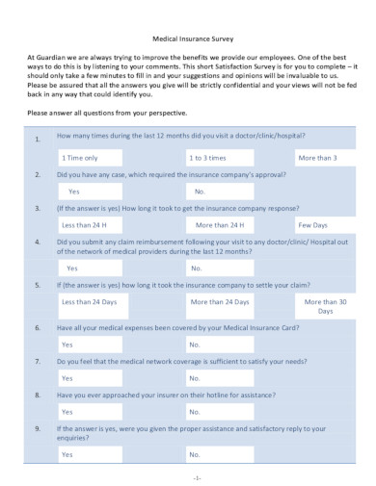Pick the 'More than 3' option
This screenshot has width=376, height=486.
point(318,156)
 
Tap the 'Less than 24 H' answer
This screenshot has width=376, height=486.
point(89,224)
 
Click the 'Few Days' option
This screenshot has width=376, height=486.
point(318,224)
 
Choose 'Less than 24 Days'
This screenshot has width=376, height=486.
point(89,301)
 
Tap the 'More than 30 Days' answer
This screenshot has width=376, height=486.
point(325,306)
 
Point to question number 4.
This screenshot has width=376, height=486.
point(37,244)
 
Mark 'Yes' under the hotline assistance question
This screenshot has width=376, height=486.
point(67,410)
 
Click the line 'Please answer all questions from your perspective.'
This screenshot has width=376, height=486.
point(109,114)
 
